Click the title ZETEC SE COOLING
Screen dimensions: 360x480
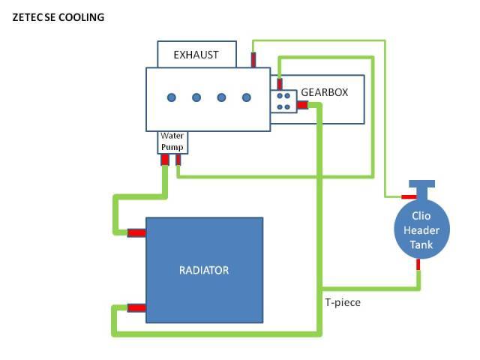click(x=58, y=16)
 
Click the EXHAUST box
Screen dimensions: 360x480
click(x=196, y=55)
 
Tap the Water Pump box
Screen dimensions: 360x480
click(x=172, y=142)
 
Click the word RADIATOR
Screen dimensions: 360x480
click(x=204, y=269)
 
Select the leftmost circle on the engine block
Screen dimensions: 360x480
click(x=172, y=97)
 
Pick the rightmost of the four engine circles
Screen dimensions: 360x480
click(x=246, y=97)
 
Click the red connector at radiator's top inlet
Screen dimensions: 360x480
click(x=136, y=232)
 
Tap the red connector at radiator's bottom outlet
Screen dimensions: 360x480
click(x=136, y=307)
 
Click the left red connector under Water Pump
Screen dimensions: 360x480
click(x=164, y=160)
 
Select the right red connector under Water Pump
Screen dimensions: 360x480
click(x=178, y=160)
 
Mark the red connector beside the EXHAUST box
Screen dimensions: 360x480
click(x=253, y=58)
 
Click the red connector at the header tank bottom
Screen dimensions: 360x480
click(x=418, y=263)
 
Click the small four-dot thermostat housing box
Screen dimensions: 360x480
click(x=283, y=101)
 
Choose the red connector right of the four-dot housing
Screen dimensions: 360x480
click(x=302, y=105)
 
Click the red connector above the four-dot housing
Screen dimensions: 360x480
click(x=280, y=83)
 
